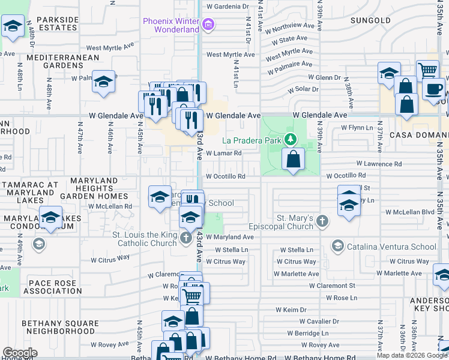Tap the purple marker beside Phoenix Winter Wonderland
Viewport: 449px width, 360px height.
(x=208, y=25)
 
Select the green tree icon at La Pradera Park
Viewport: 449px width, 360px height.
(x=291, y=140)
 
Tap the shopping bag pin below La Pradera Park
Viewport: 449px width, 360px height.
(x=293, y=160)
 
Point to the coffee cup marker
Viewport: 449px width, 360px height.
(x=433, y=89)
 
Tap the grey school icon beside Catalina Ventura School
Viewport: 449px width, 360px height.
(x=337, y=246)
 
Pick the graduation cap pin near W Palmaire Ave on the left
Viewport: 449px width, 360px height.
(x=104, y=82)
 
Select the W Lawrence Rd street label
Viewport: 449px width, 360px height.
(x=379, y=163)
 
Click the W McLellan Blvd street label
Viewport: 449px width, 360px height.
(x=409, y=212)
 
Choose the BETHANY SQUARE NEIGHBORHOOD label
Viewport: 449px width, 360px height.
(x=60, y=327)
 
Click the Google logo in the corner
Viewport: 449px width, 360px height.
(x=20, y=353)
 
